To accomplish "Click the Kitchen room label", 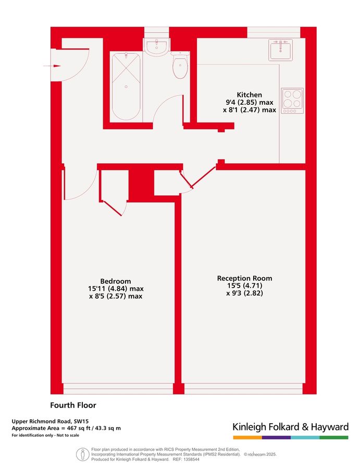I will point(248,94).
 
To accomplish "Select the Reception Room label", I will point(244,278).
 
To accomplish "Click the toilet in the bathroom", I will point(180,68).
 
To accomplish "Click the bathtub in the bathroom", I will point(126,86).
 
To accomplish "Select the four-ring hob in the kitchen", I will point(292,100).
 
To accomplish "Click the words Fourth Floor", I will point(73,405).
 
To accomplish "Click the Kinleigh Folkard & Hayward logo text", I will point(290,427).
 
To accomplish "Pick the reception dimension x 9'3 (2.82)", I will point(244,293).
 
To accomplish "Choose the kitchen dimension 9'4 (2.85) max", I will point(248,102).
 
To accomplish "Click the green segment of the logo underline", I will point(333,437).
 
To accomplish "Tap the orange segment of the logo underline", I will point(247,437).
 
